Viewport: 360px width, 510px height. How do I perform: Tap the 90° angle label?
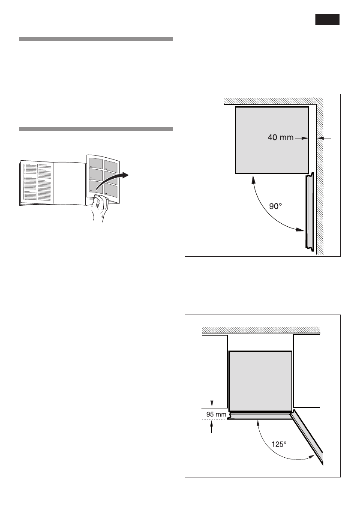pyautogui.click(x=275, y=206)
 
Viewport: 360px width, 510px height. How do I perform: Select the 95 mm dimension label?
pyautogui.click(x=216, y=414)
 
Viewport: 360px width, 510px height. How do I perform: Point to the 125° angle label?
pyautogui.click(x=279, y=444)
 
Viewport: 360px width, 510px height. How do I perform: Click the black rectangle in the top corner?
pyautogui.click(x=328, y=20)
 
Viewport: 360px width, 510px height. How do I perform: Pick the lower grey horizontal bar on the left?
pyautogui.click(x=96, y=129)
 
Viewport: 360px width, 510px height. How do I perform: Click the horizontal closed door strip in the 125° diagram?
pyautogui.click(x=260, y=415)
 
